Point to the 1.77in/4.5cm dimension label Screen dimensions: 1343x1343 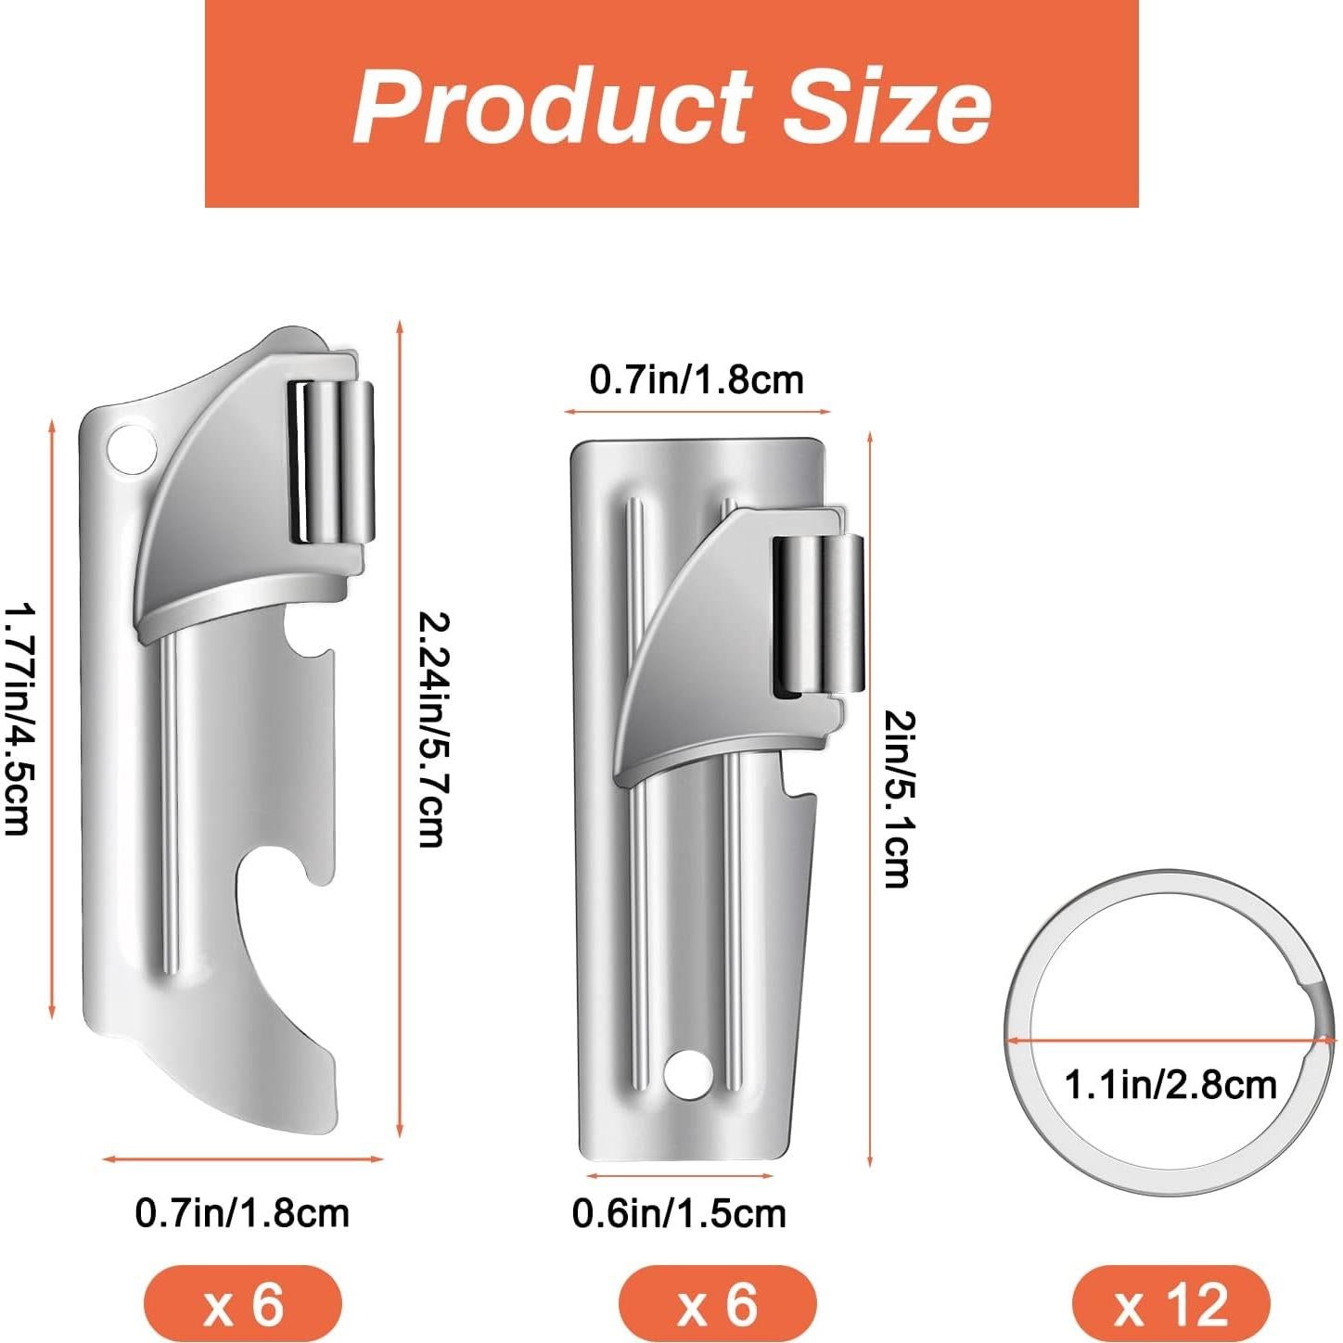tap(19, 719)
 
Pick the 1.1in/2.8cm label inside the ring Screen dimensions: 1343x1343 tap(1170, 1085)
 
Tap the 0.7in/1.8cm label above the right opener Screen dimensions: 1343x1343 tap(697, 380)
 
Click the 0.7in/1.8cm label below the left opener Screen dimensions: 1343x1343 tap(242, 1213)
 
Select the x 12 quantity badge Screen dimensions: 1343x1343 tap(1170, 1302)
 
